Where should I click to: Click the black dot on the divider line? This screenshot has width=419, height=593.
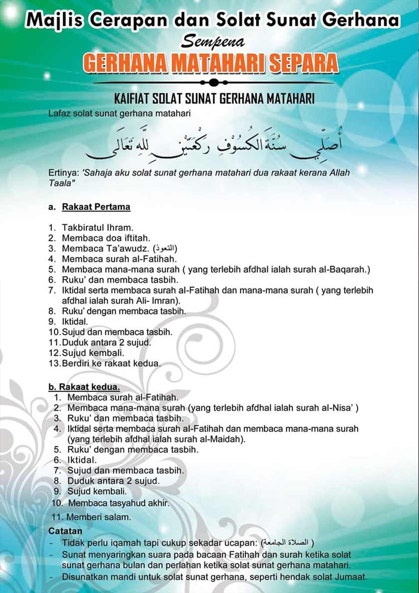tap(213, 82)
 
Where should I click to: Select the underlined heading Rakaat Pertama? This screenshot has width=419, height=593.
tap(96, 206)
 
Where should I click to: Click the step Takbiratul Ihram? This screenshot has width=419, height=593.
tap(97, 227)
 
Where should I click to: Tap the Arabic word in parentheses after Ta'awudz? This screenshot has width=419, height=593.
tap(166, 248)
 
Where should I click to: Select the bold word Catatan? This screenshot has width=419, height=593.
tap(65, 531)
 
